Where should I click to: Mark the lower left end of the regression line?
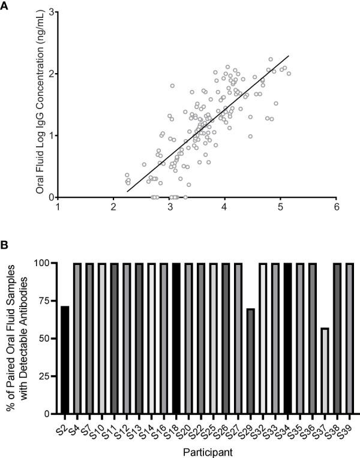point(127,191)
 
